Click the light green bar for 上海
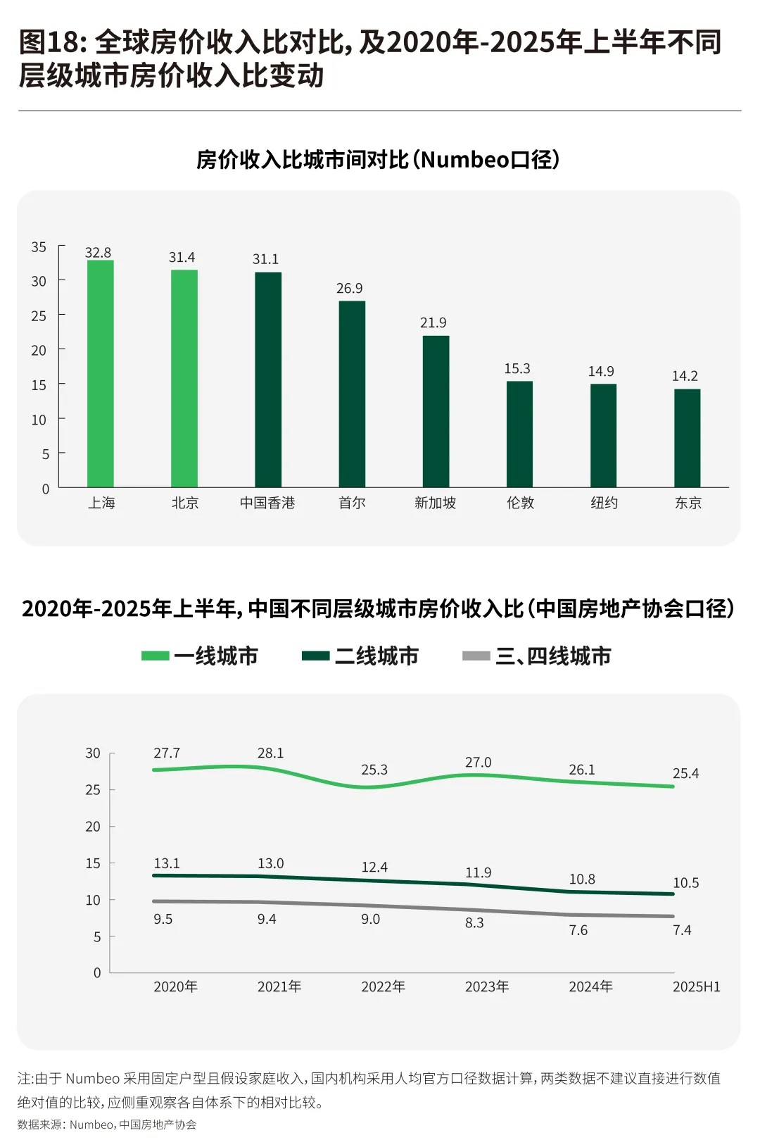click(x=100, y=373)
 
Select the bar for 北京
click(x=184, y=378)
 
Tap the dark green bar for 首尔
click(x=352, y=394)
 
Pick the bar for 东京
click(x=687, y=438)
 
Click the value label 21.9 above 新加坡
click(x=433, y=322)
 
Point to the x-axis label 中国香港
click(x=267, y=503)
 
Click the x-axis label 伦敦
click(x=520, y=503)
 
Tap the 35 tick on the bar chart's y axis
click(x=39, y=247)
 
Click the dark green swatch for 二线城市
click(x=315, y=656)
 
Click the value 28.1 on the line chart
click(x=270, y=753)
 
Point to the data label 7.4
click(x=681, y=930)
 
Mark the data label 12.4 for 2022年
click(x=374, y=867)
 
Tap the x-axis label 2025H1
click(x=696, y=986)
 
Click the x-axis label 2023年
click(x=487, y=986)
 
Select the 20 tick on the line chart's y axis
click(x=93, y=827)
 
